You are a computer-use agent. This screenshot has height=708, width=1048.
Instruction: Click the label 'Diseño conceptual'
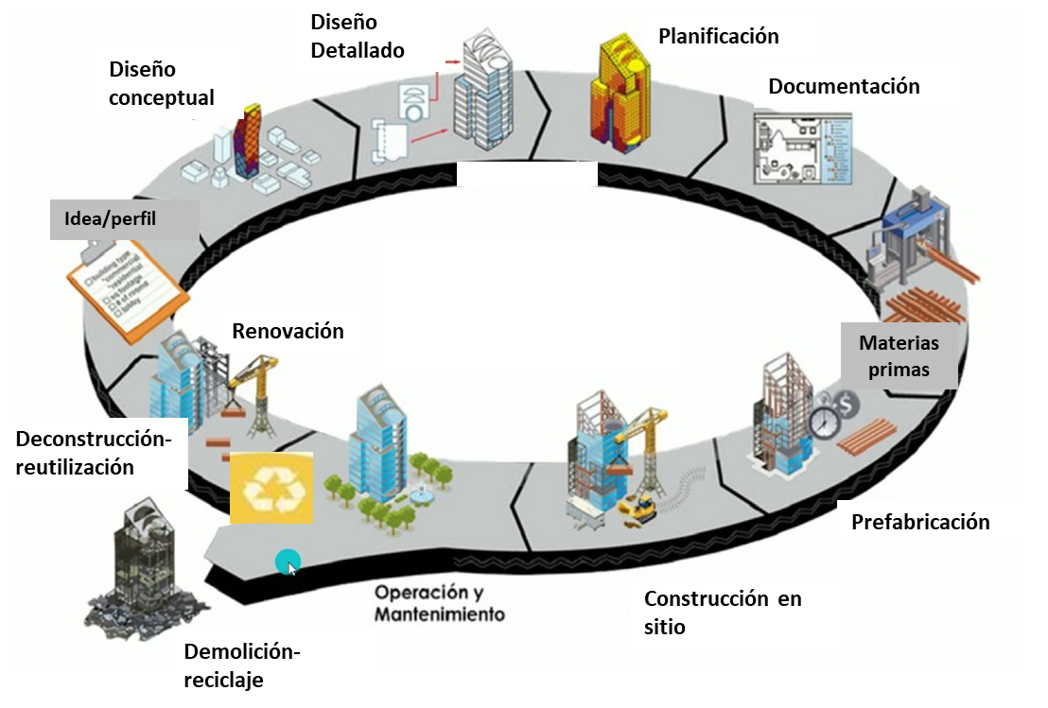[161, 83]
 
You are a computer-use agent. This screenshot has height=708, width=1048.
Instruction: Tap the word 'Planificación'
[718, 37]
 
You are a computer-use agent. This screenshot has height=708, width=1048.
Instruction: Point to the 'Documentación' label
[844, 87]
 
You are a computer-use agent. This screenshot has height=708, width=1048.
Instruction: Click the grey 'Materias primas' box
[899, 355]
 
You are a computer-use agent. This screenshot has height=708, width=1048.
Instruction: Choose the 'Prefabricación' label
[919, 522]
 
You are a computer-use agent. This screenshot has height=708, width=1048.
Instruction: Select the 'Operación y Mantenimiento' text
[439, 603]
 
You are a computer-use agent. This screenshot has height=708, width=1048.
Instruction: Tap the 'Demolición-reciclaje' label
[241, 665]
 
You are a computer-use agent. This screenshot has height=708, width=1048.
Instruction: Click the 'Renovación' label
[288, 332]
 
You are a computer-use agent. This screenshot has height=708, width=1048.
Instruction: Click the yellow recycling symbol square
[271, 487]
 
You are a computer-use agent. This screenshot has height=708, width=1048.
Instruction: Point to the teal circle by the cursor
[287, 561]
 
